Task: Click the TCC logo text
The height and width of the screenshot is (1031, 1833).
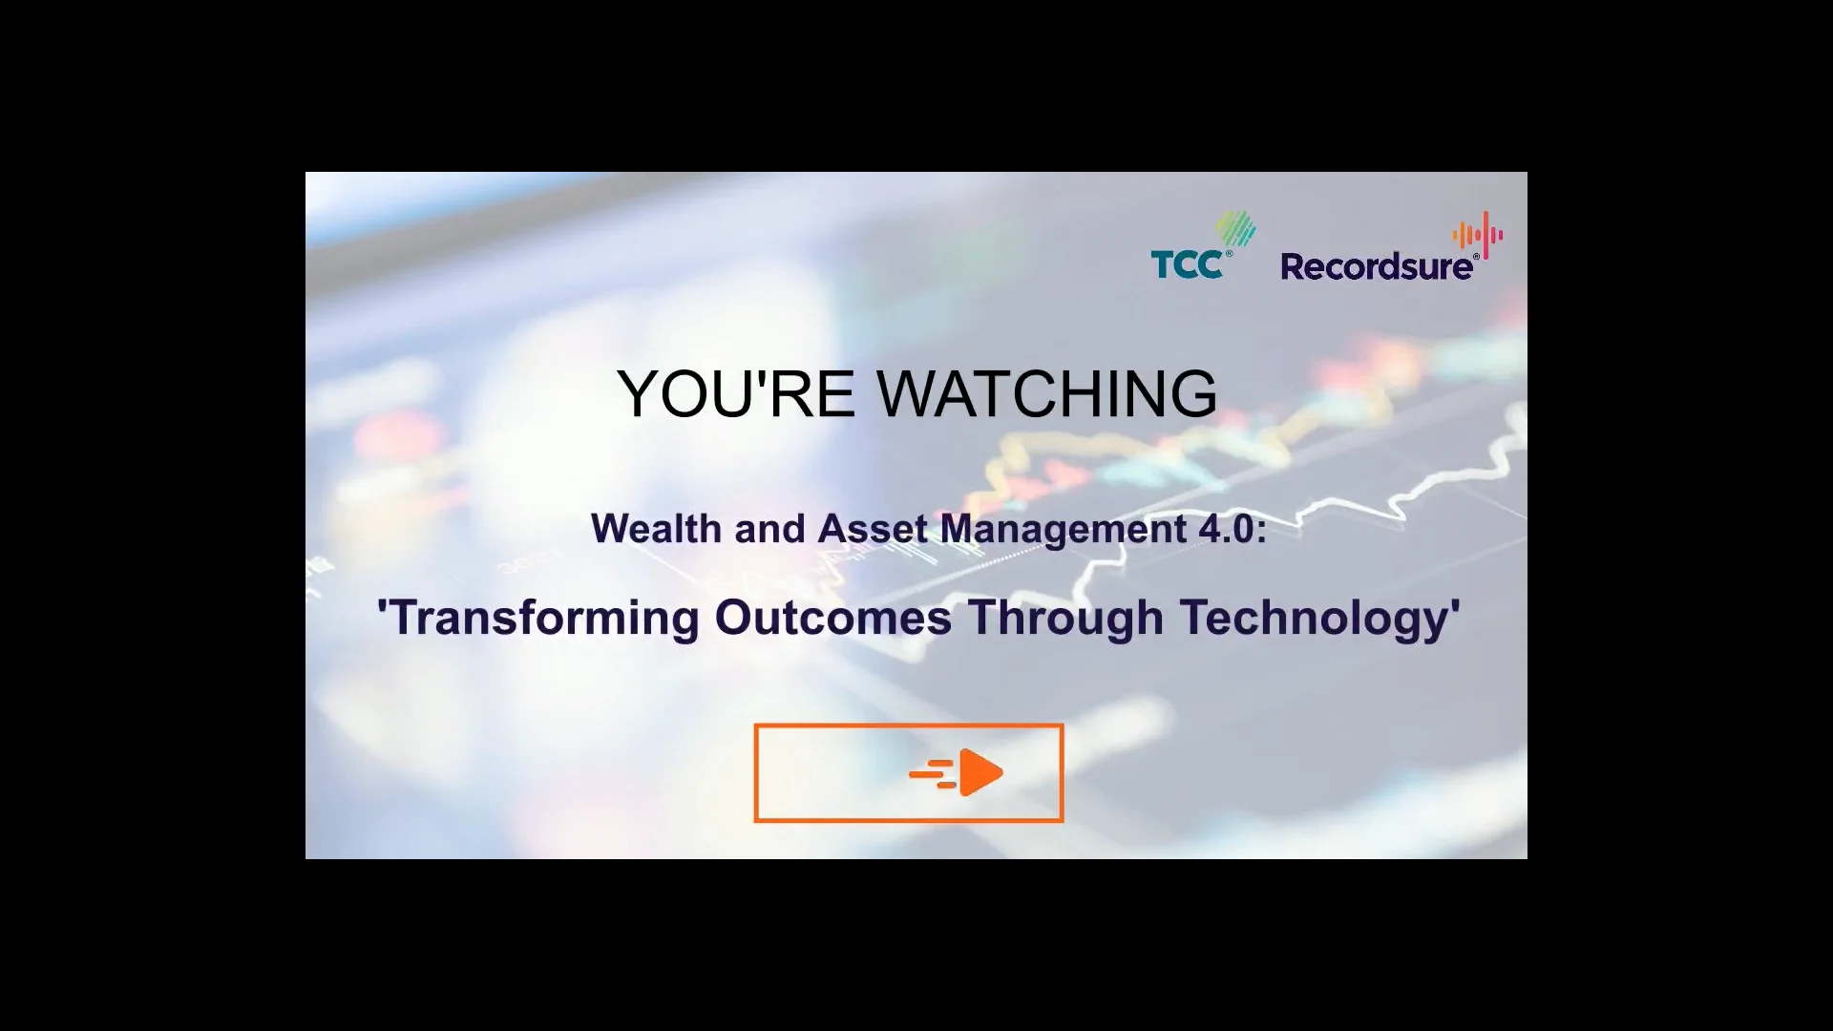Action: (x=1187, y=264)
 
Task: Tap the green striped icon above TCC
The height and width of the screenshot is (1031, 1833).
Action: (x=1235, y=229)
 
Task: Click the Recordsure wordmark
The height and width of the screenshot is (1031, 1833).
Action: (x=1377, y=266)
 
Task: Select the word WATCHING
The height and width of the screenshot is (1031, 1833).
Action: (x=1047, y=393)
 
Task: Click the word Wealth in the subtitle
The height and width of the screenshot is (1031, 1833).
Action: (x=656, y=529)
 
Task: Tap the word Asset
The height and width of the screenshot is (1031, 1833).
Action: (x=874, y=529)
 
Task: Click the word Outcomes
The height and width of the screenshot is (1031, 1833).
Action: (x=832, y=618)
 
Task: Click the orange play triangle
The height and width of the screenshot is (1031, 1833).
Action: (x=981, y=772)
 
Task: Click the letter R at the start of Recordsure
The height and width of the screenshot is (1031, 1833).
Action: (x=1294, y=266)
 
